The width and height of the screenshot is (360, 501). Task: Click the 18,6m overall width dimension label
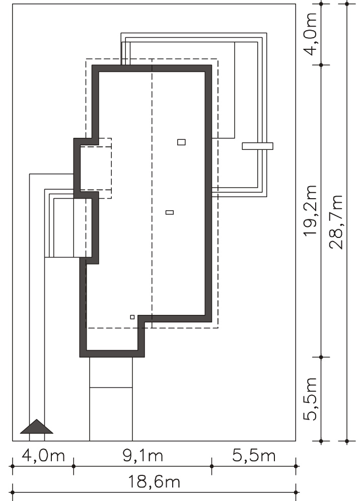[x=154, y=482]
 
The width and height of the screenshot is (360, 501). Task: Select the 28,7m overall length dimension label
[x=336, y=222]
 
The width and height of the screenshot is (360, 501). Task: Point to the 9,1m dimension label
[x=142, y=456]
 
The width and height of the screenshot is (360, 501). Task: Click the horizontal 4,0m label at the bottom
[x=43, y=456]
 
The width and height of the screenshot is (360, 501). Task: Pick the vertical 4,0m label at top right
[x=310, y=34]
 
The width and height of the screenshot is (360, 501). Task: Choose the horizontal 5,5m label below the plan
[x=254, y=456]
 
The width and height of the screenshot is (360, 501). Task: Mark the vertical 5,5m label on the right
[x=310, y=399]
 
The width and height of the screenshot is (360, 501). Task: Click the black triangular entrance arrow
[x=36, y=427]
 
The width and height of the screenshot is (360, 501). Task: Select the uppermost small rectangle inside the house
[x=181, y=142]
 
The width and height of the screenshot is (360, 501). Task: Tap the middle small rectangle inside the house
[x=170, y=212]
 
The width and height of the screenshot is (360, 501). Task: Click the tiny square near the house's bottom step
[x=132, y=317]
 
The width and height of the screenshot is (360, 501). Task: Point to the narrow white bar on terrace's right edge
[x=257, y=146]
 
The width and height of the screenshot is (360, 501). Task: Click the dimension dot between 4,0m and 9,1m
[x=74, y=466]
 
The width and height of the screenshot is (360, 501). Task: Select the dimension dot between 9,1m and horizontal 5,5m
[x=211, y=466]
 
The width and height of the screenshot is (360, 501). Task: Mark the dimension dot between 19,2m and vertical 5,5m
[x=321, y=357]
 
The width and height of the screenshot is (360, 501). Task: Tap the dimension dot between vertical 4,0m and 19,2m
[x=321, y=65]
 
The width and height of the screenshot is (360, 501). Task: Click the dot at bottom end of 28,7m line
[x=347, y=441]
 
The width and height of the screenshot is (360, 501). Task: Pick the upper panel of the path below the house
[x=111, y=372]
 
